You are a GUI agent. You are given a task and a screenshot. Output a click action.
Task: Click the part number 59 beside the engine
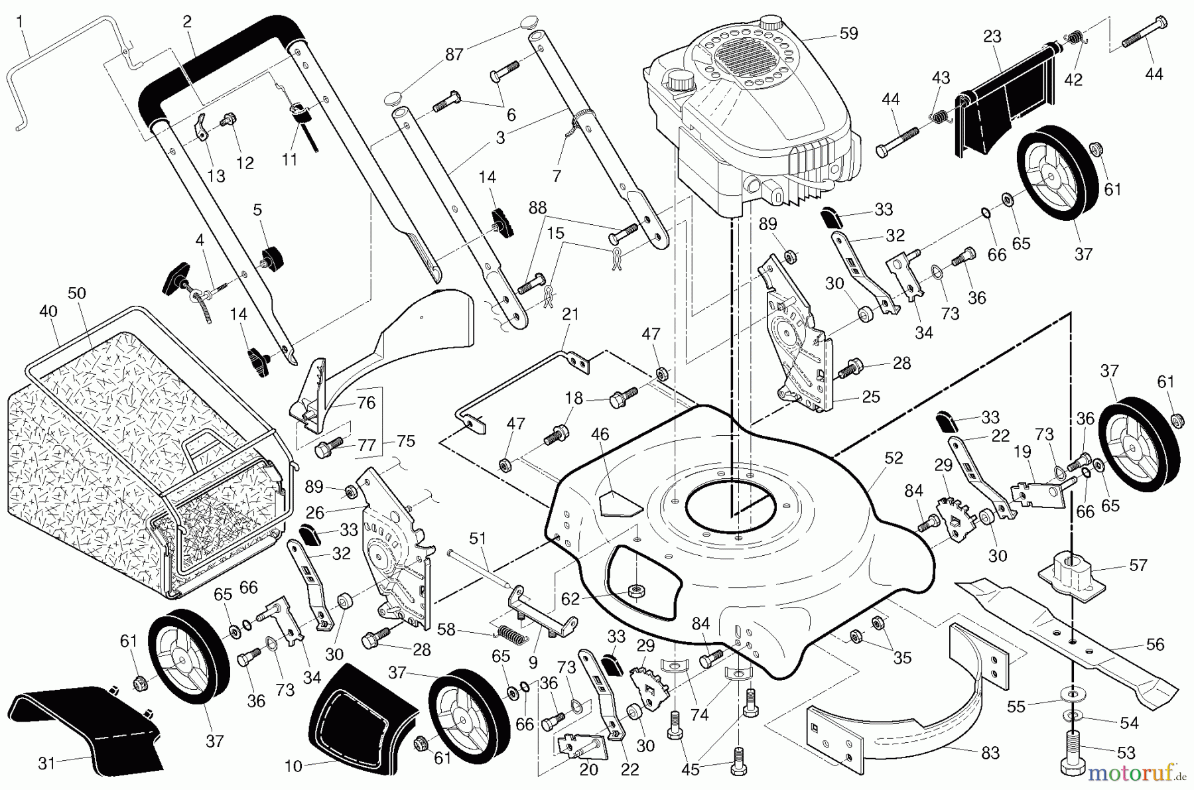coord(848,33)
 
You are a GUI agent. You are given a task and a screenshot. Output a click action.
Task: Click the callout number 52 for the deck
coord(894,458)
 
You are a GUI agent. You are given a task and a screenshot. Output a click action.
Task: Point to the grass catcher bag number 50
coord(77,293)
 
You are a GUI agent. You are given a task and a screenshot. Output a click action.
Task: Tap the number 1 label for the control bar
coord(19,22)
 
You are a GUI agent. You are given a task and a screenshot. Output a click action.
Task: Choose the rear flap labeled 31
coord(86,730)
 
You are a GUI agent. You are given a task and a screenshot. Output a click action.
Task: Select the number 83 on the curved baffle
coord(990,754)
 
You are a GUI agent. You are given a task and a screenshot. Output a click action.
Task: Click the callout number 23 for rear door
coord(992,37)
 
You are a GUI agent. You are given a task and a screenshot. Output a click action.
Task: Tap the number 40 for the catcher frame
coord(48,311)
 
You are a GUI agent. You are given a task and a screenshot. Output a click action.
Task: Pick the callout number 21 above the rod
coord(570,314)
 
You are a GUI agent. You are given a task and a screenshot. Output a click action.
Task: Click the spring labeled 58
coord(513,634)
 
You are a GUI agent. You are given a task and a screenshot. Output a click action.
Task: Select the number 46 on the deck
coord(600,435)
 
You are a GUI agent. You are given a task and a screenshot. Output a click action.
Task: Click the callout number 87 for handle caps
coord(454,54)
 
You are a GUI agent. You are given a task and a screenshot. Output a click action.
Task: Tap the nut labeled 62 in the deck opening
coord(637,590)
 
